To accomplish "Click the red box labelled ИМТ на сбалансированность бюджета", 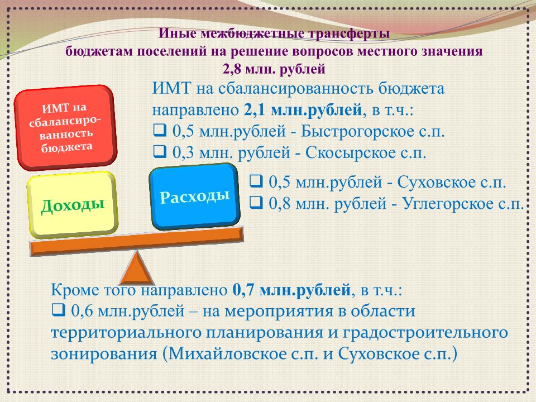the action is pos(65,128).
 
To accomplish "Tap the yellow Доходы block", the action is pos(73,205).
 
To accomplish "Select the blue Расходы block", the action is pos(194,197).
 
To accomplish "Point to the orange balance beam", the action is pos(137,241).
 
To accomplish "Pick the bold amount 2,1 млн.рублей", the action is pos(303,110).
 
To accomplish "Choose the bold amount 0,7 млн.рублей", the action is pos(291,290).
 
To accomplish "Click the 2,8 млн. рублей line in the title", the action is pos(274,69).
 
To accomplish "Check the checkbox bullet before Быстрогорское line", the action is pos(160,130).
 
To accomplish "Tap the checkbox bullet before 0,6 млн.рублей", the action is pos(59,310).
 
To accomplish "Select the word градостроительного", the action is pos(425,333).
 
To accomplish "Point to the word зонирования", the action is pos(104,354).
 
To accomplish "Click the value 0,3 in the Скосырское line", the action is pos(184,153).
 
